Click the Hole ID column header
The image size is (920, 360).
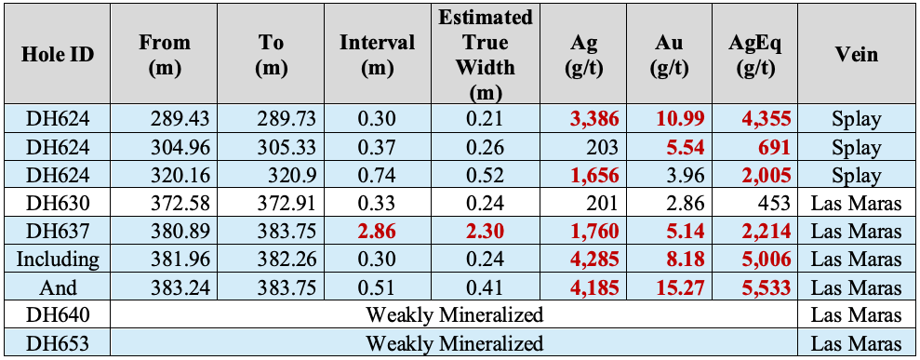pyautogui.click(x=58, y=55)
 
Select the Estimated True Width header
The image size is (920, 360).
pyautogui.click(x=486, y=55)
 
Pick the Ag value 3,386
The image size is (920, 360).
pyautogui.click(x=593, y=119)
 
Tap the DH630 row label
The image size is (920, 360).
pyautogui.click(x=58, y=204)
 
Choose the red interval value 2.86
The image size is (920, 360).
pyautogui.click(x=377, y=232)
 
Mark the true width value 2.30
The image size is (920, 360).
pyautogui.click(x=486, y=232)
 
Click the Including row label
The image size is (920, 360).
pyautogui.click(x=58, y=260)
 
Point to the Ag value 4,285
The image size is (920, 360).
pyautogui.click(x=593, y=260)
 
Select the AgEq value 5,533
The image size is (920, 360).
pyautogui.click(x=766, y=287)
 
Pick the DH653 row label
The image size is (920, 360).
pyautogui.click(x=58, y=343)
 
